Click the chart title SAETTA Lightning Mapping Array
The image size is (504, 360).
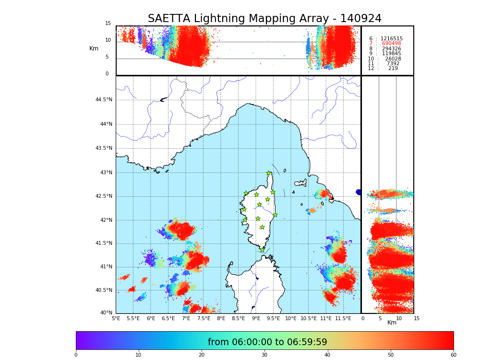coord(264,19)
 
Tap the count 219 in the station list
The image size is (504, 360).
coord(393,69)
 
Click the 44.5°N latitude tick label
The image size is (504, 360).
coord(104,100)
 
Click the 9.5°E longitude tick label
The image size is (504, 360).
coord(273,318)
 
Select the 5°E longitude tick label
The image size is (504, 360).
coord(116,318)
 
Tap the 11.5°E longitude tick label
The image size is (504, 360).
coord(343,318)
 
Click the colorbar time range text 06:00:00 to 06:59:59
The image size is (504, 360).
coord(267,342)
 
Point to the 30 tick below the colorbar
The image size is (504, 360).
coord(264,355)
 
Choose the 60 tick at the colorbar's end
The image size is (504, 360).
coord(453,355)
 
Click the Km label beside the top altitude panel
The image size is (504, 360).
coord(94,48)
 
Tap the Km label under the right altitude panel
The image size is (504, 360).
coord(392,323)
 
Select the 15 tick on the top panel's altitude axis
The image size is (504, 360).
coord(108,24)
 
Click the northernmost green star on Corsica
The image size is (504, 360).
coord(269,173)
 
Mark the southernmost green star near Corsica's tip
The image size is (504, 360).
coord(262,250)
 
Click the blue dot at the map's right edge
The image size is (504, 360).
coord(359,192)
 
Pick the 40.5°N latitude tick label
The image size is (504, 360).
coord(104,290)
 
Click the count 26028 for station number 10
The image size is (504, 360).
coord(393,59)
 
